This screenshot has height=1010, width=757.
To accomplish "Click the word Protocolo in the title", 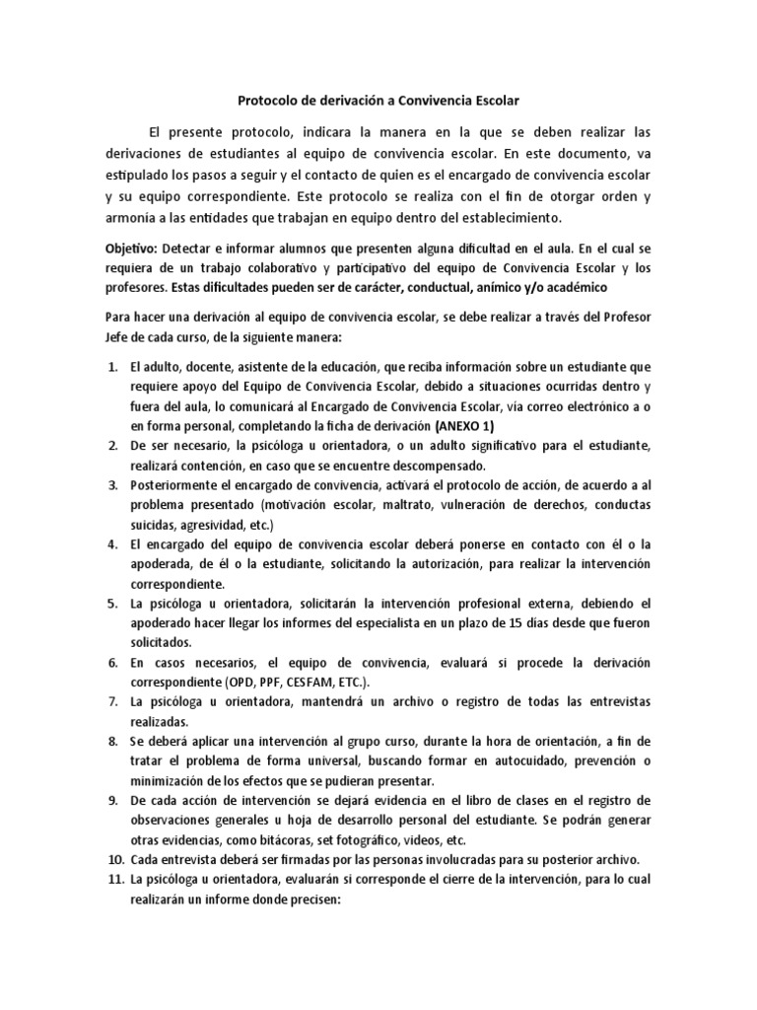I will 266,100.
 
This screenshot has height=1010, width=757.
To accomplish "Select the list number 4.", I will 112,545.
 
